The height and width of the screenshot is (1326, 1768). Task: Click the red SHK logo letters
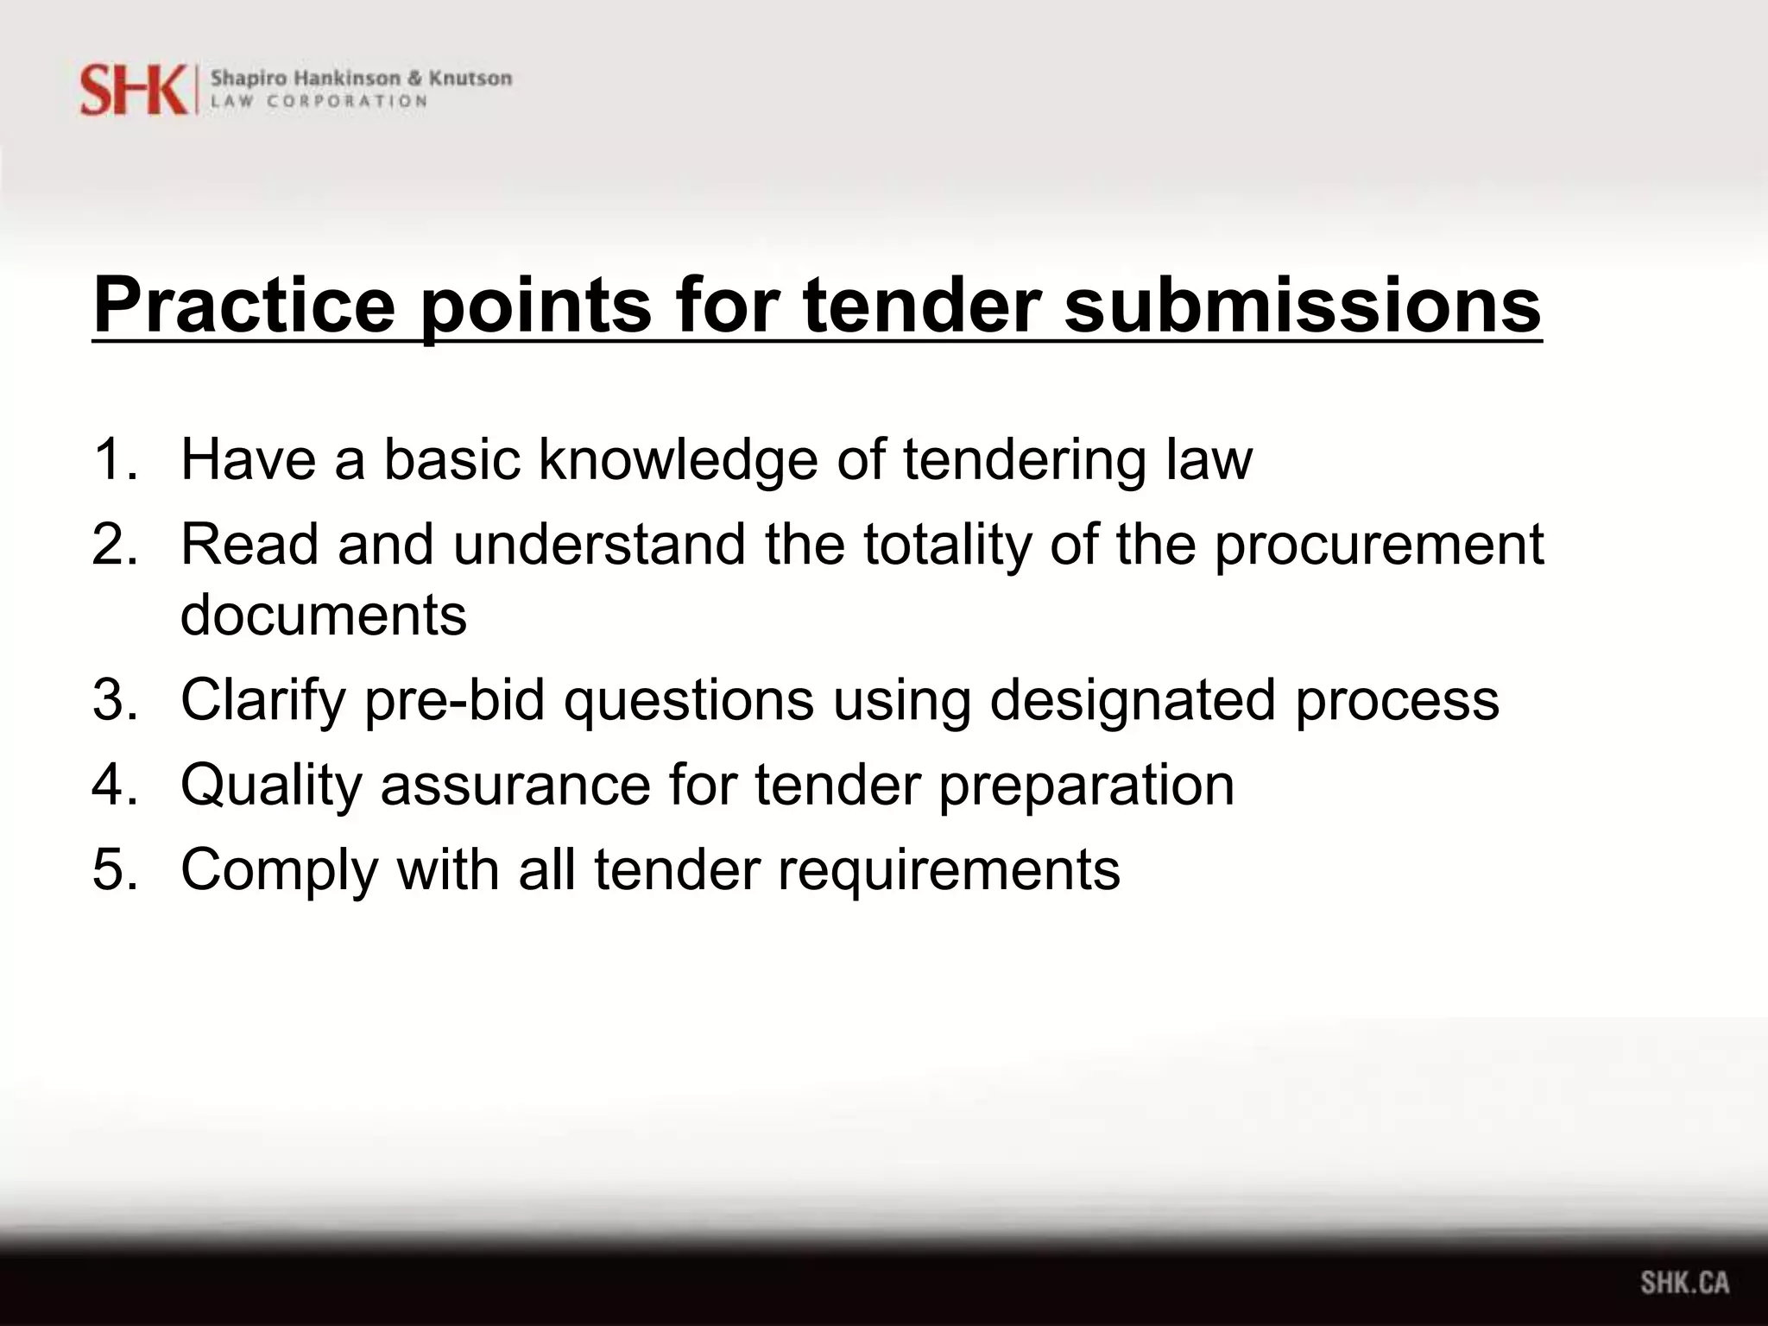(x=133, y=89)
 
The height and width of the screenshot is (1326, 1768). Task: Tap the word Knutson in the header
(x=470, y=79)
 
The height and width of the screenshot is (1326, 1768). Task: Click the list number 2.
(x=114, y=544)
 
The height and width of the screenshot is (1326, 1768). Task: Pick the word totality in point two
(x=947, y=546)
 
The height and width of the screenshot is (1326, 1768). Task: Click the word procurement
(x=1379, y=546)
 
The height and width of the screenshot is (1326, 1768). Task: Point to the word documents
(x=324, y=615)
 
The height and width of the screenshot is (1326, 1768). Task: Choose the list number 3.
(x=114, y=699)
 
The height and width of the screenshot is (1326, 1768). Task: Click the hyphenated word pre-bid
(x=454, y=699)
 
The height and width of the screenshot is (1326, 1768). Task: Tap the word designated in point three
(x=1132, y=699)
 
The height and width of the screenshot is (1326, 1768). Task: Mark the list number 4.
(x=114, y=784)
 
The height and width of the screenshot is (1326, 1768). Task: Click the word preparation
(x=1086, y=786)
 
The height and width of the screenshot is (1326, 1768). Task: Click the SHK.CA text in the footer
(x=1685, y=1282)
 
